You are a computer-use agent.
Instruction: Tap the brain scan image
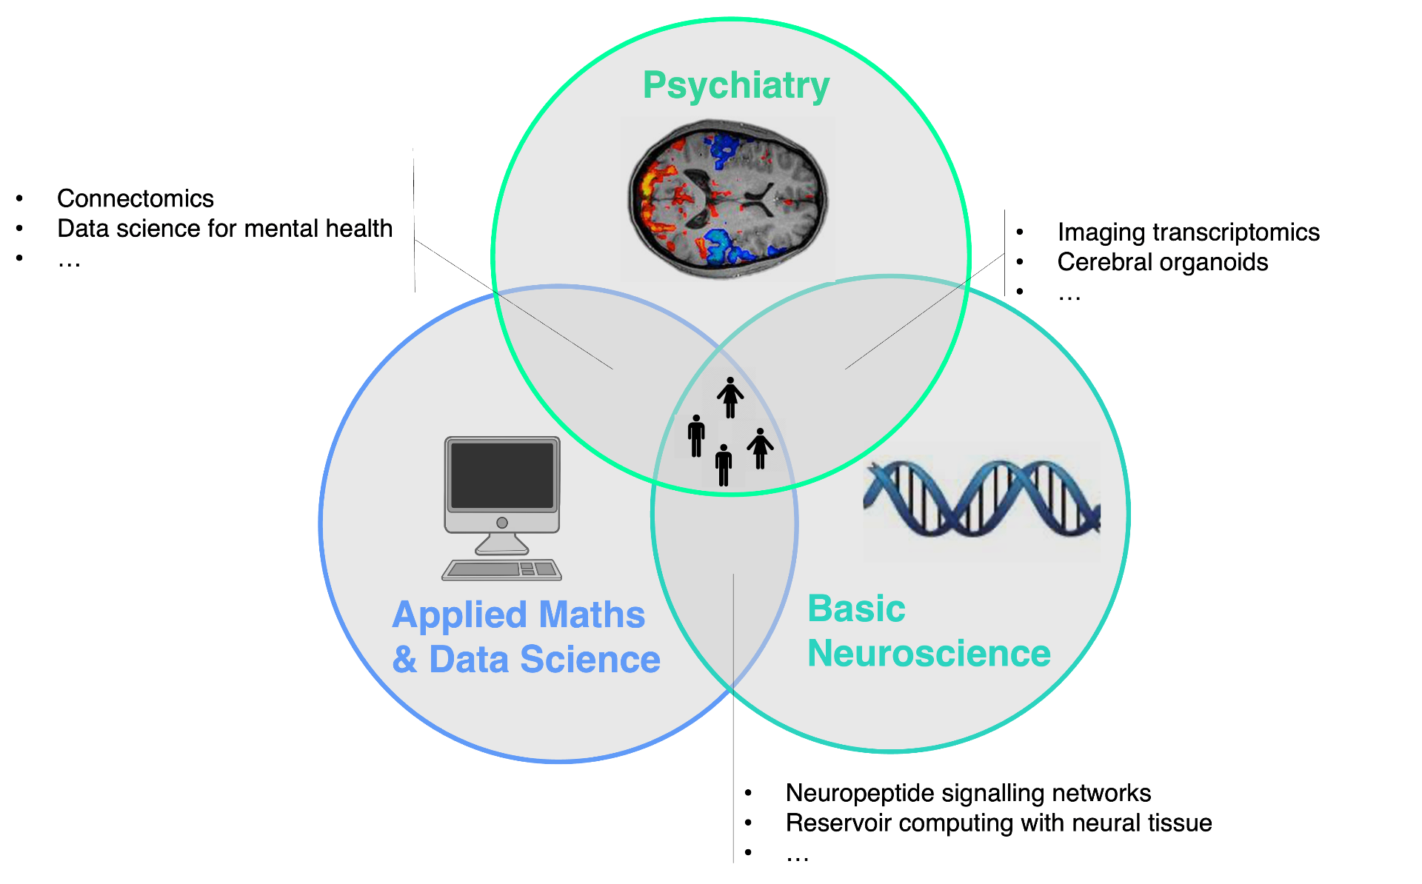pos(728,198)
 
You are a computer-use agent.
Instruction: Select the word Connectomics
pos(136,198)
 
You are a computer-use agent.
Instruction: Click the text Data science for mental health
pos(225,229)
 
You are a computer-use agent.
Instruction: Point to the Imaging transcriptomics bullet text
pos(1189,232)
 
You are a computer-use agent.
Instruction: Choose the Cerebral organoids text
pos(1163,262)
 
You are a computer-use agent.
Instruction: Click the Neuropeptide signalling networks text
pos(968,793)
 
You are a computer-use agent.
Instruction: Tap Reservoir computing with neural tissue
pos(998,823)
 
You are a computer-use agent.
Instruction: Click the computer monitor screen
pos(502,475)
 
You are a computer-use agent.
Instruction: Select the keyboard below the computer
pos(502,569)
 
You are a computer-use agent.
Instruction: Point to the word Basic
pos(856,609)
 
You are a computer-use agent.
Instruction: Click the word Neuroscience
pos(929,654)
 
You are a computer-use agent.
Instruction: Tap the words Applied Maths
pos(518,615)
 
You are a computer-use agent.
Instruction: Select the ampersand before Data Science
pos(404,659)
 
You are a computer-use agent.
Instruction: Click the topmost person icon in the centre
pos(730,398)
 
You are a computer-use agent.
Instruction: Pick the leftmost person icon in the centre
pos(696,436)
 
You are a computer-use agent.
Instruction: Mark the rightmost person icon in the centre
pos(760,449)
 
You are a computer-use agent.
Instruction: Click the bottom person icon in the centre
pos(724,465)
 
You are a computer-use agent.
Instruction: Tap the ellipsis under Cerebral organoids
pos(1069,298)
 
